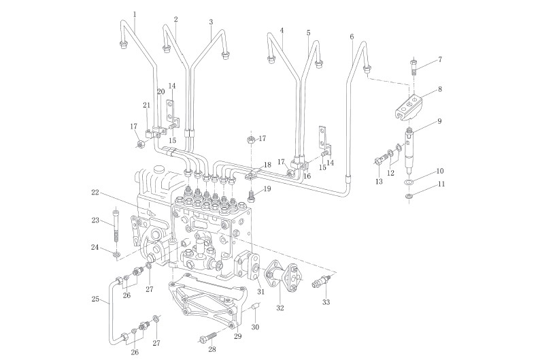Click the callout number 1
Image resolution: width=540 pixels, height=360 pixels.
pos(135,14)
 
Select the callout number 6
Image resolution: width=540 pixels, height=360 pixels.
pos(352,36)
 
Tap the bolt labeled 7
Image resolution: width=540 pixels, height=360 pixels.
pos(414,67)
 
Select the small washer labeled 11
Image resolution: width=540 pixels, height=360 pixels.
pos(408,197)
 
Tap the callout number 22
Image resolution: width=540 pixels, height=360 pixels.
pos(96,193)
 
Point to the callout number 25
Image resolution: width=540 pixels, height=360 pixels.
pos(95,299)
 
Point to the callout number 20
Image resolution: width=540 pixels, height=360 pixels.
pos(161,91)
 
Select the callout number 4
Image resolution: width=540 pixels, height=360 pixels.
pos(282,31)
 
